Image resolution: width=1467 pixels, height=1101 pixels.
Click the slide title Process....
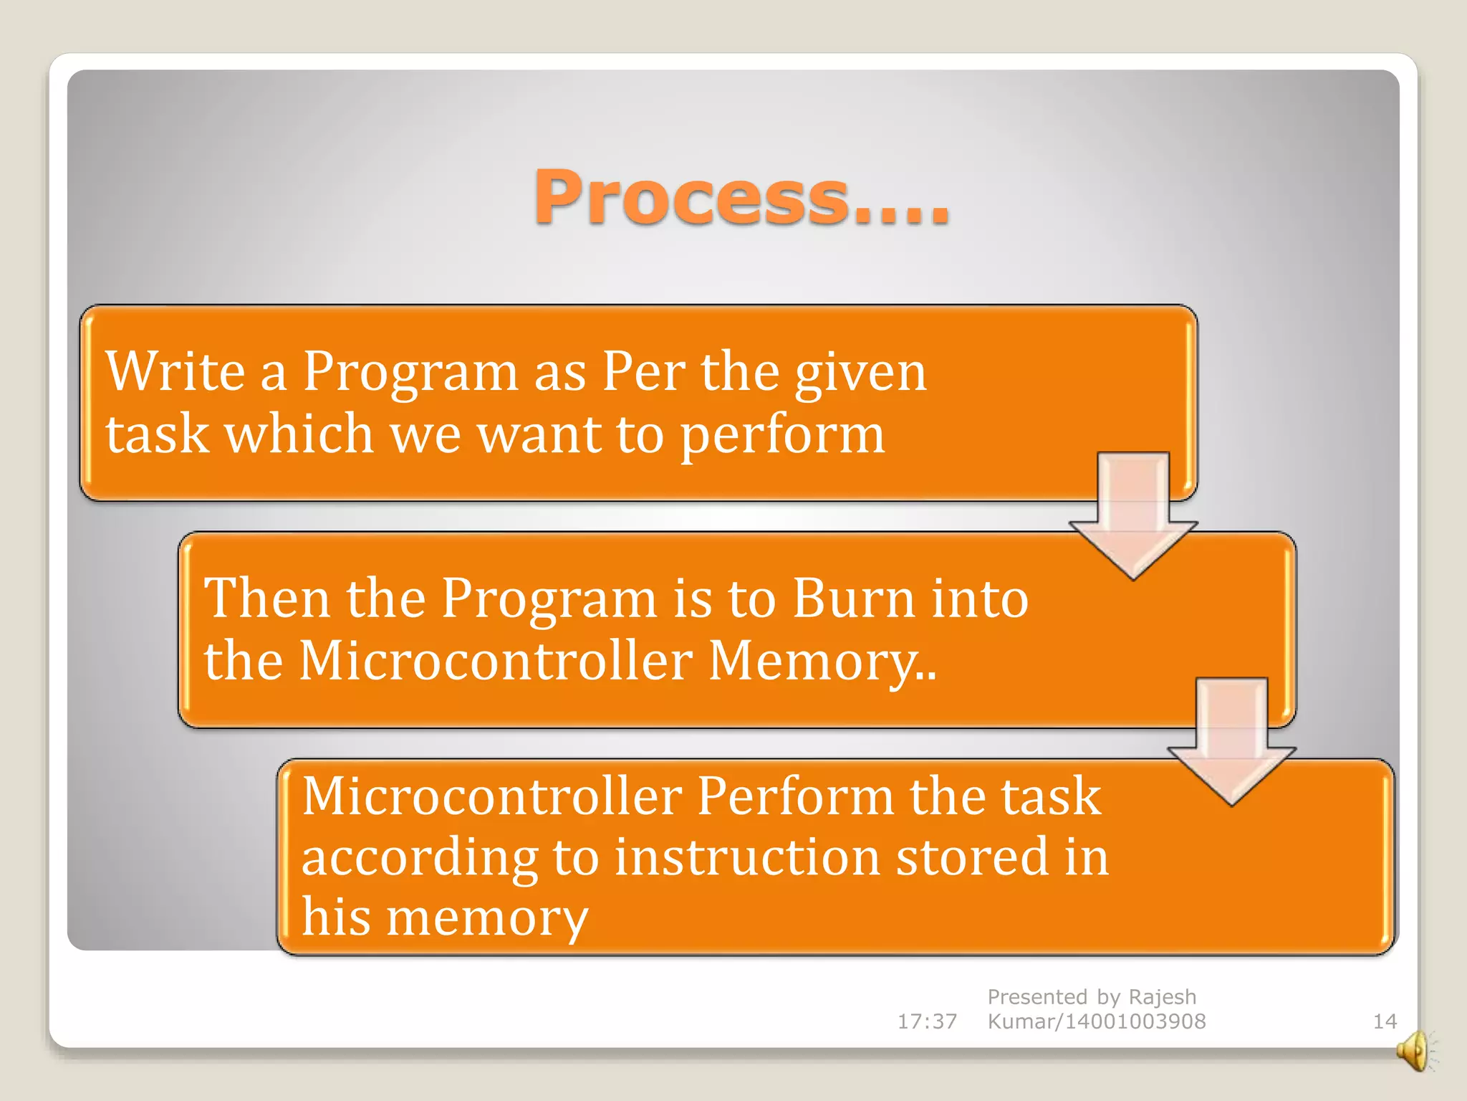tap(741, 197)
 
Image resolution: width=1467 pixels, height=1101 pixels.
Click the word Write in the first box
tap(175, 371)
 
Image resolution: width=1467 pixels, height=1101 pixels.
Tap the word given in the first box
tap(860, 373)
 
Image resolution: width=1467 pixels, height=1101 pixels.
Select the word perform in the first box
tap(781, 435)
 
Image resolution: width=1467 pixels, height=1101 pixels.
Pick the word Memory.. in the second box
tap(822, 660)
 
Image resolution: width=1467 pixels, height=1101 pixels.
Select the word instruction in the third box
tap(747, 857)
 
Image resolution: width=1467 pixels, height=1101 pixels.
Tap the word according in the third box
tap(418, 859)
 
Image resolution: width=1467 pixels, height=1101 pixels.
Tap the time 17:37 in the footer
tap(927, 1021)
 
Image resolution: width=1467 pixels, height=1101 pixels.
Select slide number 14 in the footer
tap(1384, 1021)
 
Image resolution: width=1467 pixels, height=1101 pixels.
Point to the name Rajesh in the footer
tap(1162, 997)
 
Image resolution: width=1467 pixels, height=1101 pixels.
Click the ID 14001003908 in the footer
tap(1135, 1021)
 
